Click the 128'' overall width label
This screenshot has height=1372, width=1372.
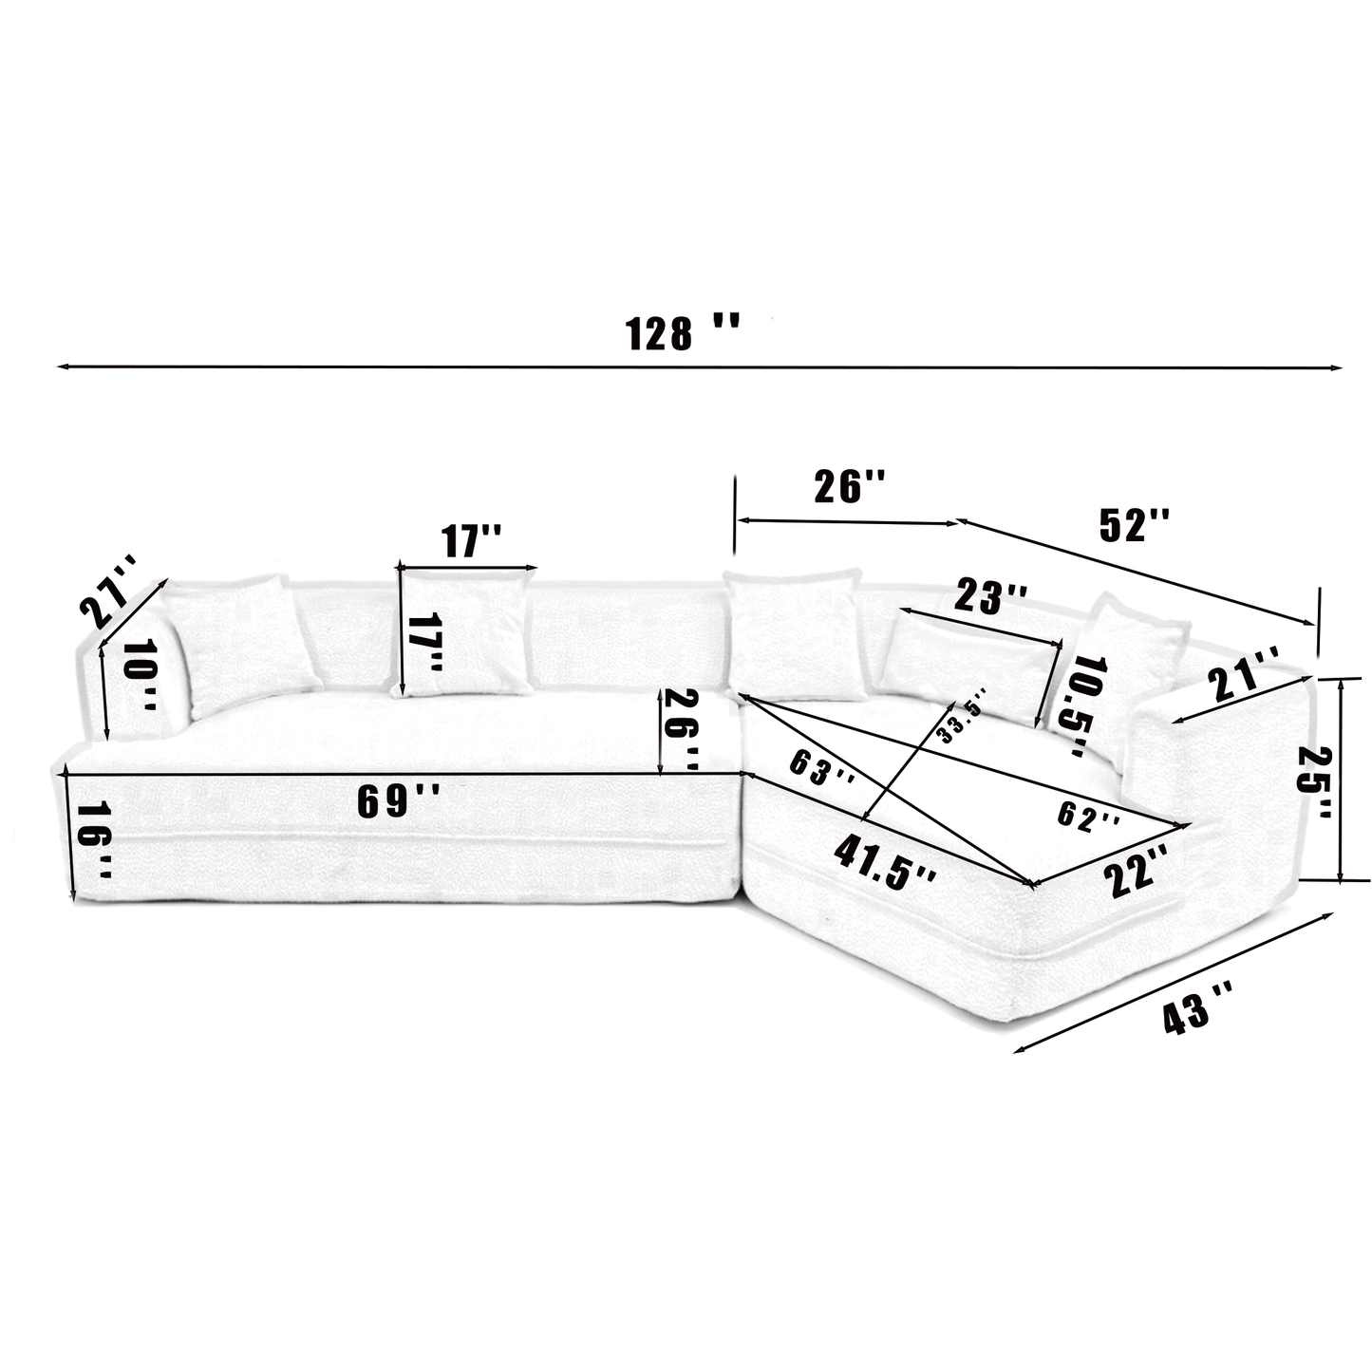click(x=681, y=333)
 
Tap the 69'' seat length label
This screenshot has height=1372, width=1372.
click(x=398, y=802)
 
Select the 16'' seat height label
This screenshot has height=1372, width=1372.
click(x=95, y=840)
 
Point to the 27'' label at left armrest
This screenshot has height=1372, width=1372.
click(x=109, y=591)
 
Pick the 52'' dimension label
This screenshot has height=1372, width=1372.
click(x=1135, y=524)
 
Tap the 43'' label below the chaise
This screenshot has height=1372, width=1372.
click(x=1198, y=1016)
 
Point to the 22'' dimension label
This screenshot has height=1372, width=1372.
click(x=1137, y=872)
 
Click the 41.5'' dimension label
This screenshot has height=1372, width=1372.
click(x=885, y=861)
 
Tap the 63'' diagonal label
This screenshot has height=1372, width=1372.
click(x=822, y=773)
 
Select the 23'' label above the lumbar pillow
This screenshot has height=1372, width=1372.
click(x=990, y=599)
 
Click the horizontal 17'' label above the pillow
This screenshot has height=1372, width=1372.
click(x=471, y=541)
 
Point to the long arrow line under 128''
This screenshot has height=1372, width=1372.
click(x=700, y=366)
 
